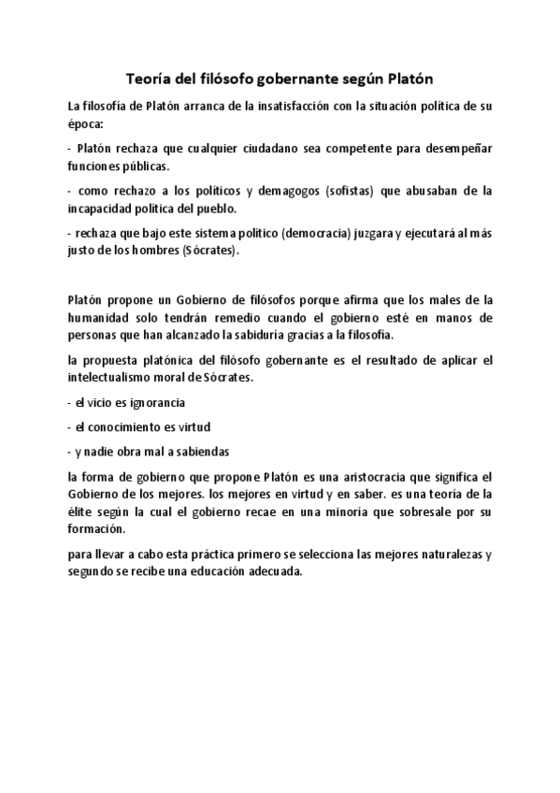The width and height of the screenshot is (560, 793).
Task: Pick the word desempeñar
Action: click(457, 149)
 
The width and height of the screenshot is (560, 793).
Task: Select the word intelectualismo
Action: click(118, 378)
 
